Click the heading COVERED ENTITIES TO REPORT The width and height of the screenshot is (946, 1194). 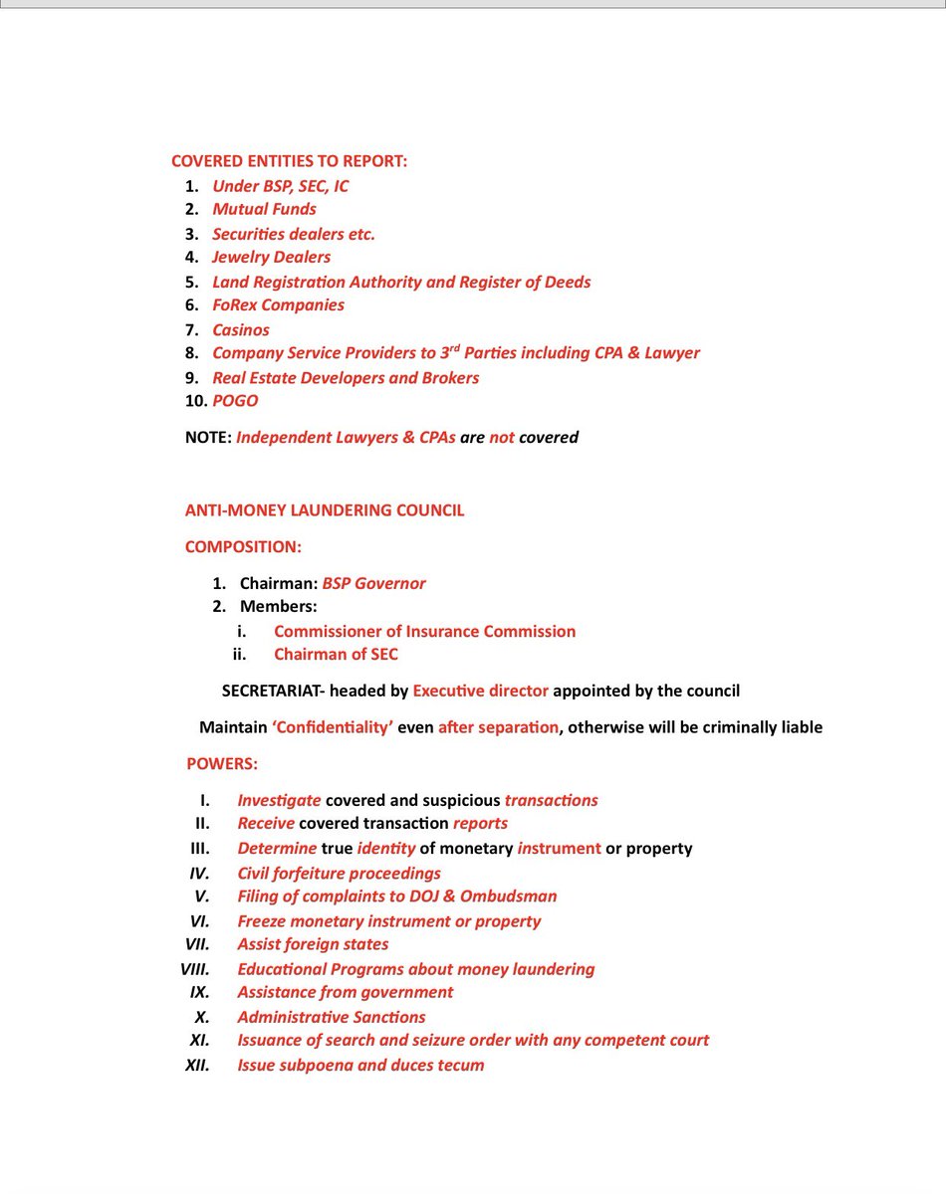click(x=289, y=161)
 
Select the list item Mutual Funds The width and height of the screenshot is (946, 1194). click(x=264, y=209)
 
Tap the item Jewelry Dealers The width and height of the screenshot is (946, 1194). click(x=271, y=257)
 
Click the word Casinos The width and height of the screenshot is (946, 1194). click(x=241, y=329)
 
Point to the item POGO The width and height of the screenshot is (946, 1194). click(x=235, y=401)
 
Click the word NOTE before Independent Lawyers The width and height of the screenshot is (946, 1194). click(x=207, y=437)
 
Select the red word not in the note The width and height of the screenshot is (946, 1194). click(x=502, y=437)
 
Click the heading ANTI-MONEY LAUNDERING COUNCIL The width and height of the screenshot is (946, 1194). click(x=325, y=510)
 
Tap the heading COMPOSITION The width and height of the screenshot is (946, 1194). click(x=243, y=547)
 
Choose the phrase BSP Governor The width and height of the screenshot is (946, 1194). click(x=373, y=584)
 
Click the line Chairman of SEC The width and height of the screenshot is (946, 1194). click(x=336, y=655)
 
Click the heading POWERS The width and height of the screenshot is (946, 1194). click(x=222, y=764)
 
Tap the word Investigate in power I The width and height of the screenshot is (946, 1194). click(x=279, y=800)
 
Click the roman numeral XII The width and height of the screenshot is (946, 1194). click(x=195, y=1065)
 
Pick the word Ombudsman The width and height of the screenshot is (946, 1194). click(x=512, y=896)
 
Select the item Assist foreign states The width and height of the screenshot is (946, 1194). click(x=313, y=944)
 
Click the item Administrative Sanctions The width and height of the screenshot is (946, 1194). click(x=331, y=1017)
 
